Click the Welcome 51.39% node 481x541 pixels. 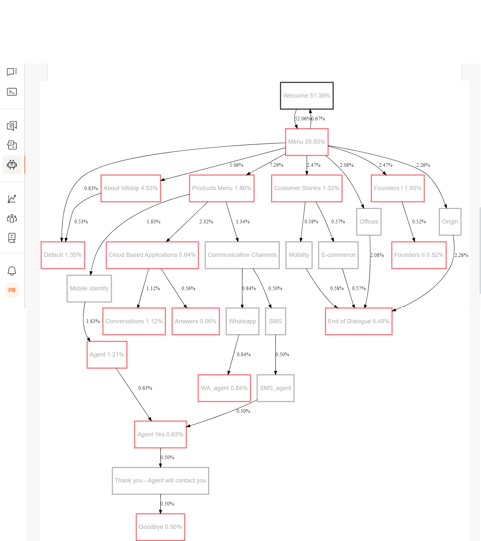point(307,96)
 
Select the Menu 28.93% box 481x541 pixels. point(307,142)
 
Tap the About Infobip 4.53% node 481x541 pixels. point(131,188)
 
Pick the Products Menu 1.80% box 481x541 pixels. point(222,188)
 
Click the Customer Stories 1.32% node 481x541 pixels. point(307,188)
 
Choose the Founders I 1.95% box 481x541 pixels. point(397,188)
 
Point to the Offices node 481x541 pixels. point(369,222)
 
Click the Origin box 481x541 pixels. point(450,222)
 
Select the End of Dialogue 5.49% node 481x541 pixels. point(359,321)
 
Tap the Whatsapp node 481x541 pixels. point(242,321)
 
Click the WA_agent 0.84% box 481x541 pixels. point(224,388)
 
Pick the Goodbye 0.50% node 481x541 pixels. point(161,527)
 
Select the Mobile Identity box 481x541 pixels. point(89,288)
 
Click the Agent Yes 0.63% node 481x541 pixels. point(161,434)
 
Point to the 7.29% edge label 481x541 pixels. point(276,165)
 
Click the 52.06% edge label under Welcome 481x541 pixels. point(302,119)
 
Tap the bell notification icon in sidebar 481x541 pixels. point(12,271)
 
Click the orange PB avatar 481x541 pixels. point(12,290)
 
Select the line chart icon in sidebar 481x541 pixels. point(12,199)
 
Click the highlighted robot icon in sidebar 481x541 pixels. point(12,165)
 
